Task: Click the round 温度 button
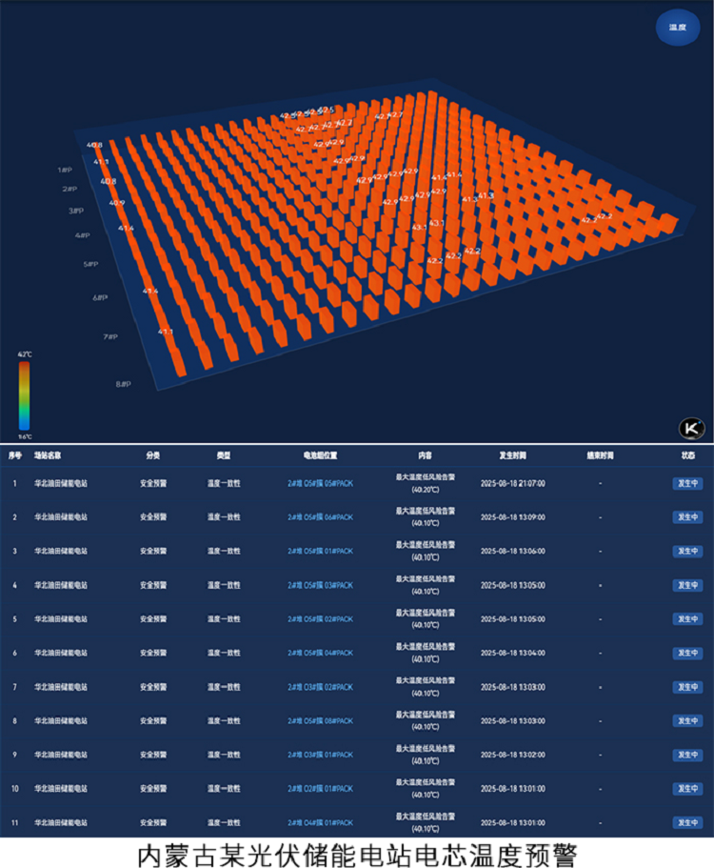tap(677, 28)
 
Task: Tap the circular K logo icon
tap(691, 428)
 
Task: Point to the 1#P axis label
tap(66, 170)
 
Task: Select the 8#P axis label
tap(124, 384)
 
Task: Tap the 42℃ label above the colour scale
tap(25, 353)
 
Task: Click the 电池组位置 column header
tap(320, 455)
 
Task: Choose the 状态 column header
tap(687, 455)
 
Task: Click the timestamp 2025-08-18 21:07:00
tap(512, 483)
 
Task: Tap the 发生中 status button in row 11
tap(687, 822)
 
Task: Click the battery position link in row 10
tap(320, 789)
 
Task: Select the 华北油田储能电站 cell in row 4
tap(61, 585)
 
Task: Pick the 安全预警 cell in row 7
tap(152, 687)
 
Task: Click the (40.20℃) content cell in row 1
tap(425, 490)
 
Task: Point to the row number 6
tap(14, 653)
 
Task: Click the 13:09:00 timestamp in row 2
tap(512, 517)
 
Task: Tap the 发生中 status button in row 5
tap(687, 619)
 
